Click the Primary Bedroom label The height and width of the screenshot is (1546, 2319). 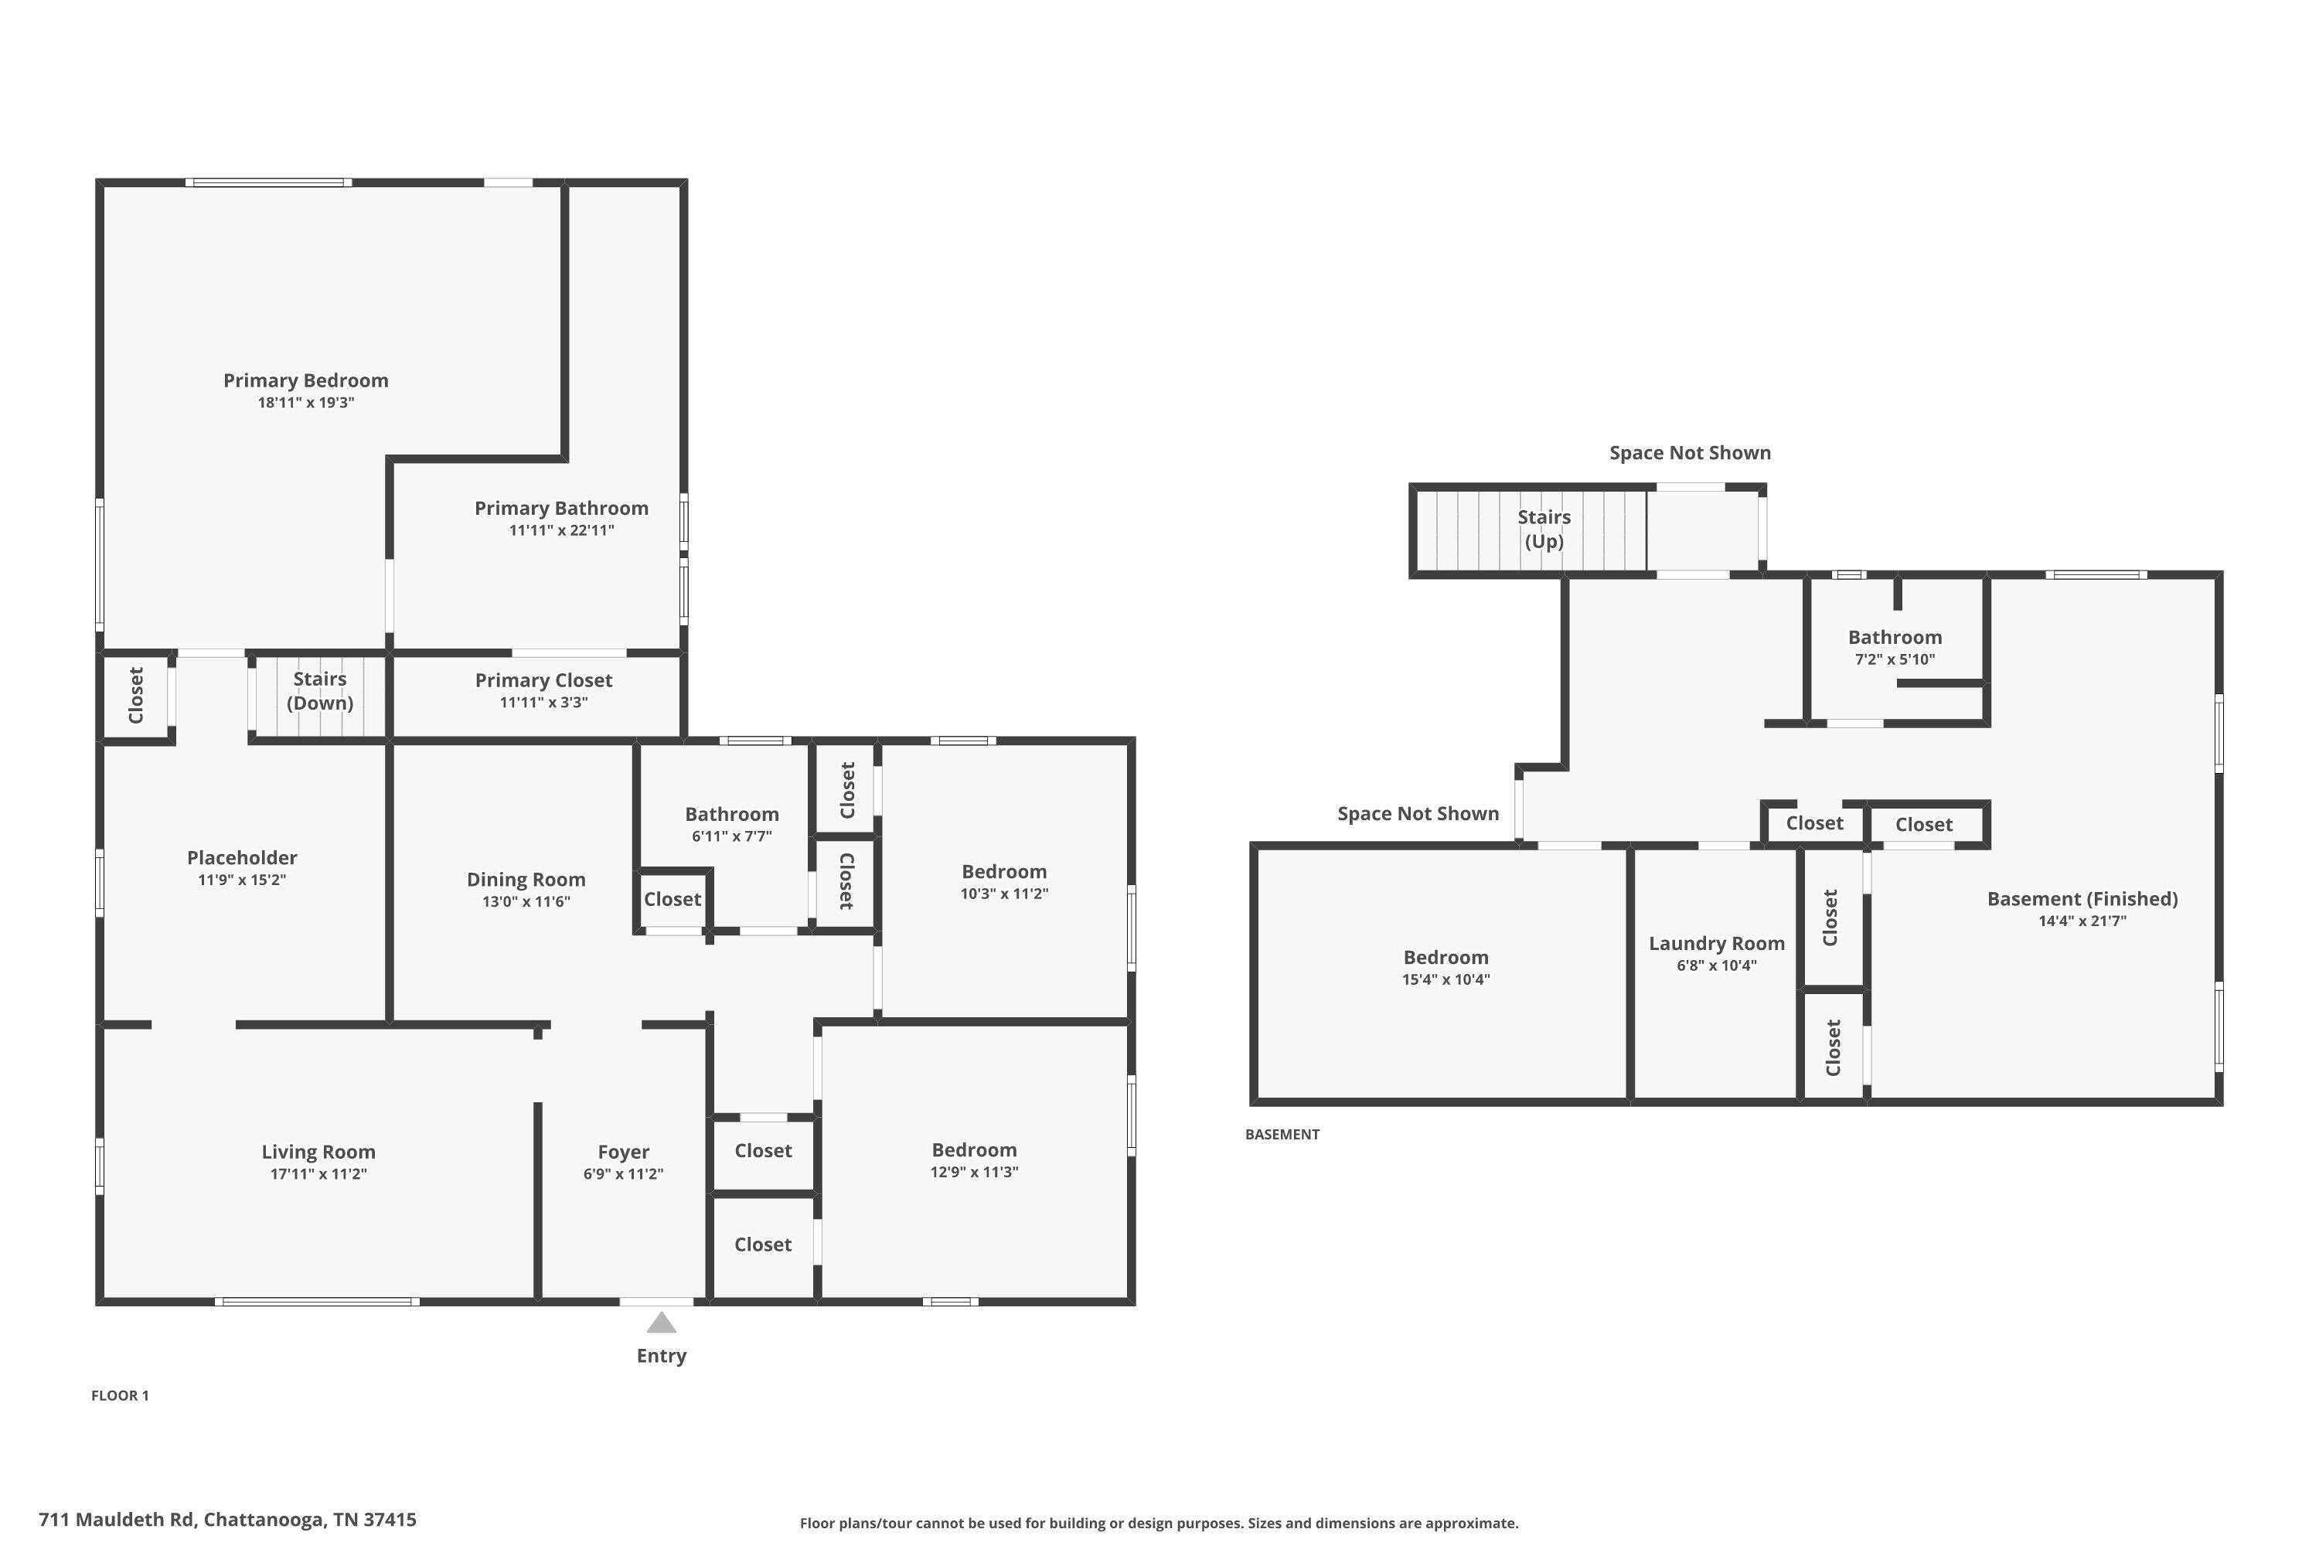(x=305, y=380)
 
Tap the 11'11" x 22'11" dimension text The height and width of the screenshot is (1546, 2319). (x=561, y=530)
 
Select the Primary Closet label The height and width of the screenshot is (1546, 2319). (x=543, y=680)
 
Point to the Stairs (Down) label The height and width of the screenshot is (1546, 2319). (x=319, y=690)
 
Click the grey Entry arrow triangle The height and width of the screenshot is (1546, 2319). (x=662, y=1323)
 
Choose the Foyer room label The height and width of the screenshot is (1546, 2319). (x=623, y=1152)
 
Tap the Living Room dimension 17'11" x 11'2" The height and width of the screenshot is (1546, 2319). (x=318, y=1174)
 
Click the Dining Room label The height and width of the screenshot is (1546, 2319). (x=526, y=880)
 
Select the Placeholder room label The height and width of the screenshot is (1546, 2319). (x=241, y=858)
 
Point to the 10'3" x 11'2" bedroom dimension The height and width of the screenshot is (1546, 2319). (x=1003, y=894)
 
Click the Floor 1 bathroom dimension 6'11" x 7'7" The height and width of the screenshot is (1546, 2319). (x=731, y=836)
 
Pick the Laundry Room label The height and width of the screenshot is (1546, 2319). (x=1717, y=944)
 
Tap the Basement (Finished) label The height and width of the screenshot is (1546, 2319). (x=2082, y=899)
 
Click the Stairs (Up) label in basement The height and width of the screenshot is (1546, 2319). (x=1544, y=529)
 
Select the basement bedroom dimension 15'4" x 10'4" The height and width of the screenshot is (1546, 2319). (x=1446, y=980)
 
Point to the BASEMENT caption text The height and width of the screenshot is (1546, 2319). (x=1282, y=1135)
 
